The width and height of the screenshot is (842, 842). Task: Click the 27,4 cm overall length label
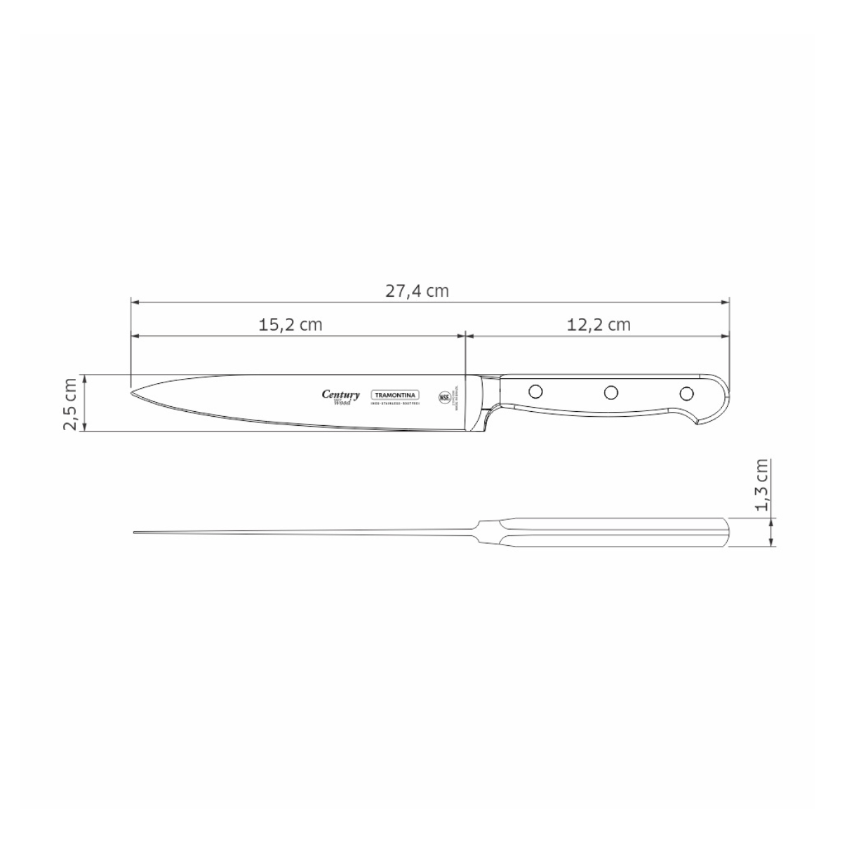[416, 290]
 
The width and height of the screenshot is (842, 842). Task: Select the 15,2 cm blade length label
[290, 324]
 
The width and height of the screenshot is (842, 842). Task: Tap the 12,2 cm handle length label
[598, 324]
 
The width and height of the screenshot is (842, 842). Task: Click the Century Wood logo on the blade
[341, 397]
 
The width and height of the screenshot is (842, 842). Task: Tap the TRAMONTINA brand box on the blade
[394, 394]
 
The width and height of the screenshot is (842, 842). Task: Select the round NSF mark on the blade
[445, 396]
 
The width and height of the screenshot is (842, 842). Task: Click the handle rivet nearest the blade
[535, 389]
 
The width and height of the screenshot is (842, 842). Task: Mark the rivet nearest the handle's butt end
[688, 392]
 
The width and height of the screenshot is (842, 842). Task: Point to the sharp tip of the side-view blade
[133, 390]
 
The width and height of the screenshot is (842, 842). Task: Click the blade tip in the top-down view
[135, 533]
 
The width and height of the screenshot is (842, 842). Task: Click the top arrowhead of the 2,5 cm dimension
[84, 377]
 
